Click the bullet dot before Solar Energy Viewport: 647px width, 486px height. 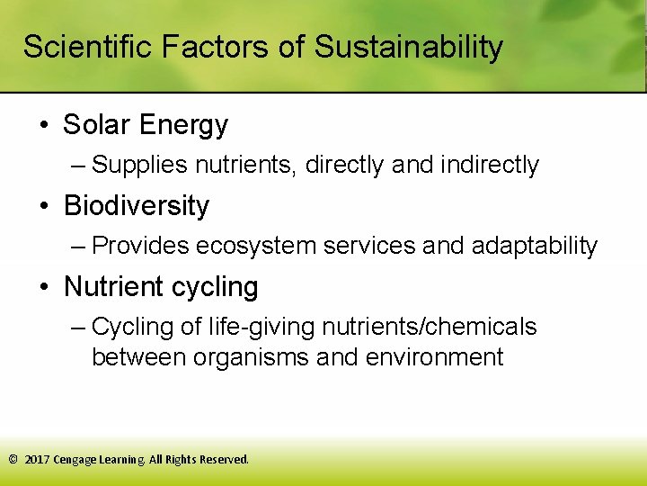(44, 125)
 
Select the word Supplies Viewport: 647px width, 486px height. (140, 166)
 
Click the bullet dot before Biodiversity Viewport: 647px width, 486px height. (44, 206)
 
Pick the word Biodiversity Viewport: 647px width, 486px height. (137, 206)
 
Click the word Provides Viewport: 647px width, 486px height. (140, 246)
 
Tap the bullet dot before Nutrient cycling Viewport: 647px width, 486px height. (44, 287)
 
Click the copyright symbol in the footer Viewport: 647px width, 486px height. (13, 460)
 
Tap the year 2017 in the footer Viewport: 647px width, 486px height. (37, 460)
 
